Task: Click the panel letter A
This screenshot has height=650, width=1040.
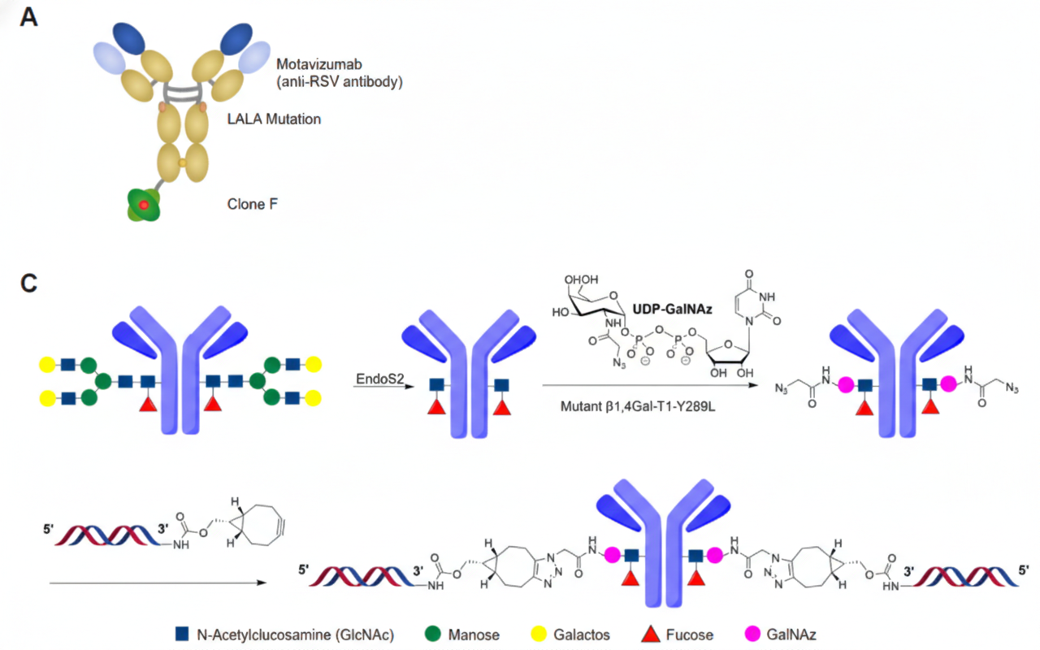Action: pyautogui.click(x=28, y=17)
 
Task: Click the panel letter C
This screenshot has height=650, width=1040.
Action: pyautogui.click(x=28, y=284)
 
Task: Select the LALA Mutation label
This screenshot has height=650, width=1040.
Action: pyautogui.click(x=275, y=119)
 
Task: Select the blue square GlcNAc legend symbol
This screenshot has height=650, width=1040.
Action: pyautogui.click(x=183, y=633)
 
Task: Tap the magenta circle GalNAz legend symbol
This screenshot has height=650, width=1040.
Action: pyautogui.click(x=752, y=633)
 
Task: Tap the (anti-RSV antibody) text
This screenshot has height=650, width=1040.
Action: pyautogui.click(x=340, y=81)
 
